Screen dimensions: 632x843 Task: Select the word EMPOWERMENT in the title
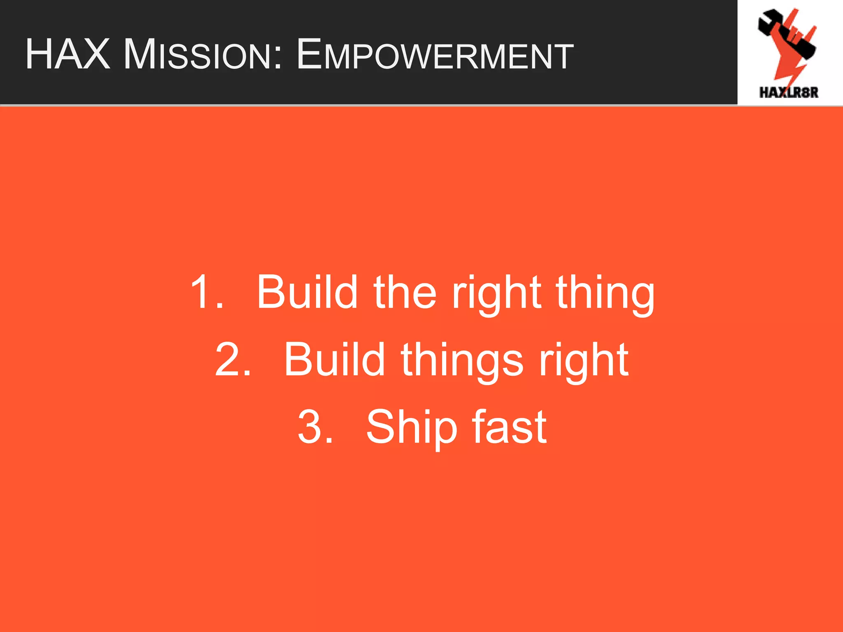[x=435, y=54]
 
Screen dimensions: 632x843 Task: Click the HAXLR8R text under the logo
[x=789, y=92]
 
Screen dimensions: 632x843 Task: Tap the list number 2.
[x=233, y=360]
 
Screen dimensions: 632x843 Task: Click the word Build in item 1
[x=307, y=292]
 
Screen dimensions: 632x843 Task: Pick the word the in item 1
[x=405, y=292]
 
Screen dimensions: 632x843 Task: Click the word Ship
[x=412, y=428]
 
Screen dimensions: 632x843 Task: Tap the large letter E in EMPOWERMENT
[x=309, y=54]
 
